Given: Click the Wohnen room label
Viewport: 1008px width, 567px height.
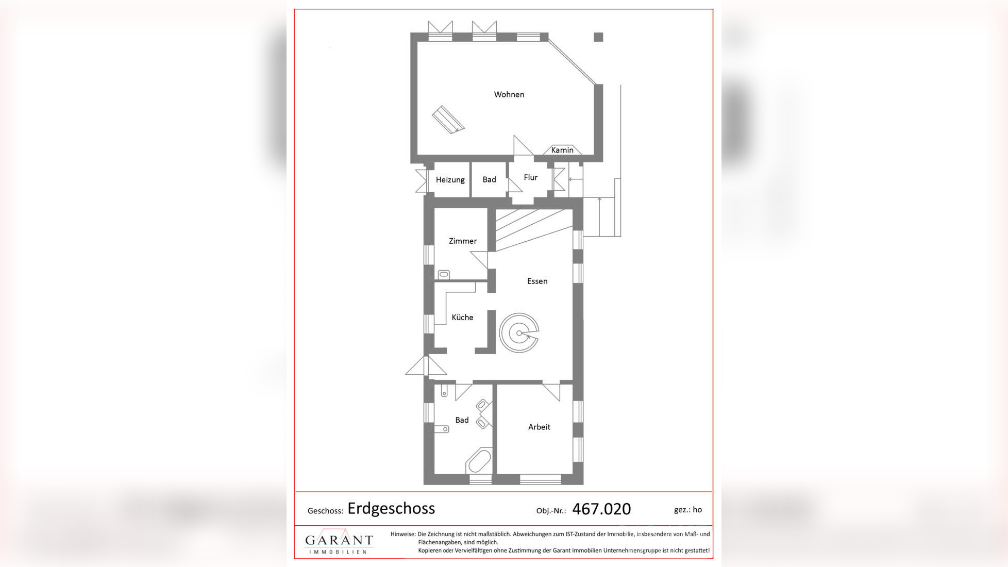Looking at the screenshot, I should [x=509, y=94].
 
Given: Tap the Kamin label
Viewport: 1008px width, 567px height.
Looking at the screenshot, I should [x=562, y=150].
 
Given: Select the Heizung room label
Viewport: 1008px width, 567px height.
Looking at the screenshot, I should [x=450, y=180].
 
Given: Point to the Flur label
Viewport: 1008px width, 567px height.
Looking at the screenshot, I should [x=530, y=177].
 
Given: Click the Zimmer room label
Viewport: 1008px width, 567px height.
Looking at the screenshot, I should [x=462, y=241].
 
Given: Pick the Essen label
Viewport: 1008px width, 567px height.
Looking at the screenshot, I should [x=537, y=281].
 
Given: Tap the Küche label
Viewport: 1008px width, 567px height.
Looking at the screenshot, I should [x=462, y=318].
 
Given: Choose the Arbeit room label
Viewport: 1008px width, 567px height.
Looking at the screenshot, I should [x=539, y=427].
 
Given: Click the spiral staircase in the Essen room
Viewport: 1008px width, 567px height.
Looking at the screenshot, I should [x=519, y=333].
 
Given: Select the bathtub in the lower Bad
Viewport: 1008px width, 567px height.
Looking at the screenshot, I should [x=479, y=461].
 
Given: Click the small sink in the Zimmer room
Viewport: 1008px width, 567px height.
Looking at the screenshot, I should [x=444, y=275].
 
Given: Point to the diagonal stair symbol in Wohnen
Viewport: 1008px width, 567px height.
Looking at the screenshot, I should [x=448, y=120].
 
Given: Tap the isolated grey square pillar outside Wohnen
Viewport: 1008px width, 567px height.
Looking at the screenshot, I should [x=598, y=37].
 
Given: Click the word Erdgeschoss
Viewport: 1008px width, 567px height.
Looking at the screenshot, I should [x=391, y=509].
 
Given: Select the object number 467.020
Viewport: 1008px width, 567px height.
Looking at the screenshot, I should [x=601, y=509].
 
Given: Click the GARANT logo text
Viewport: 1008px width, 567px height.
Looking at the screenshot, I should [x=339, y=540].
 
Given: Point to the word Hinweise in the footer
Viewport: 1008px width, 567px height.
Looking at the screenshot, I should [x=402, y=534].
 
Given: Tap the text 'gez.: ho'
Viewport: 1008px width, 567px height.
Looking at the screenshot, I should [x=687, y=510].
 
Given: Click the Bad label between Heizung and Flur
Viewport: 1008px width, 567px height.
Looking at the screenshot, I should [x=489, y=179].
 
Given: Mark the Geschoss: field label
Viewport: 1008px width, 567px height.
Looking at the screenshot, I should [x=325, y=511].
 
